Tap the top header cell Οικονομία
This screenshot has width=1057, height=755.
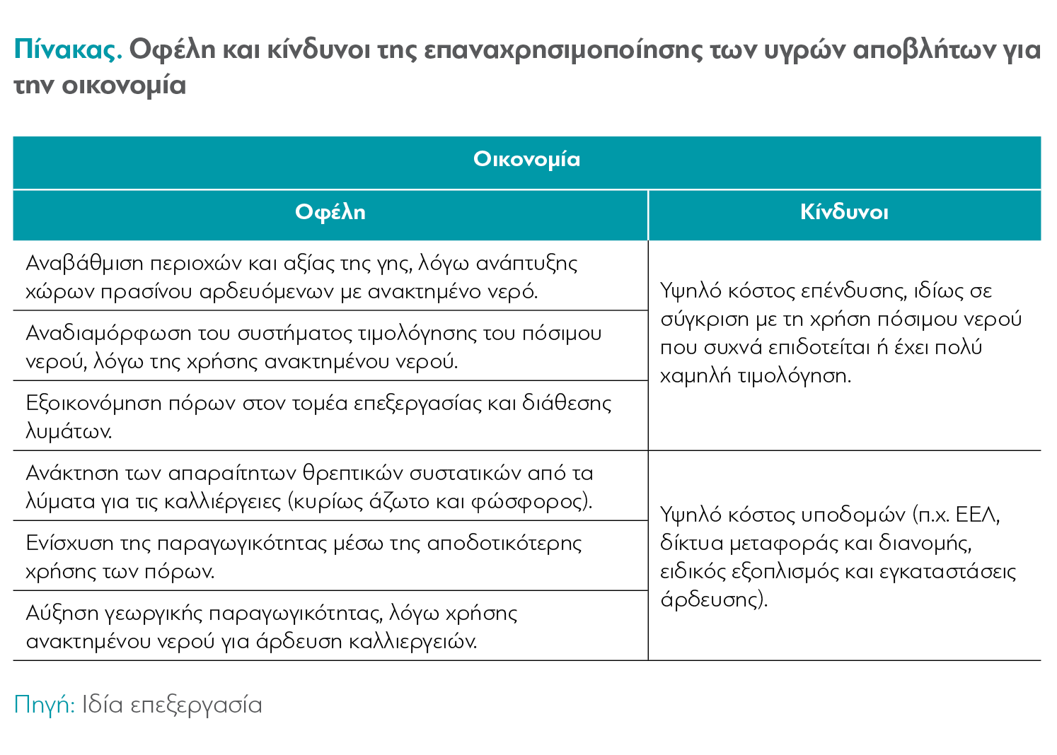tap(527, 159)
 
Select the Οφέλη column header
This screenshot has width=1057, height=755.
tap(330, 212)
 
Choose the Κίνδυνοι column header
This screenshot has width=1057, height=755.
tap(844, 212)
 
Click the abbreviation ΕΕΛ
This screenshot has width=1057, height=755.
tap(976, 515)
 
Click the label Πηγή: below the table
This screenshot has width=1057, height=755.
tap(44, 705)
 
